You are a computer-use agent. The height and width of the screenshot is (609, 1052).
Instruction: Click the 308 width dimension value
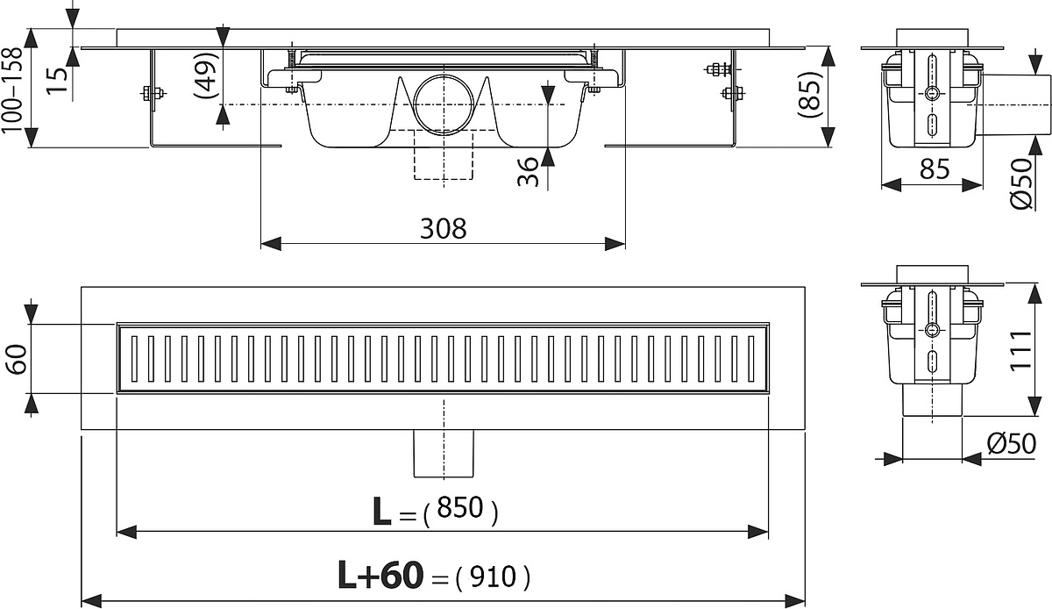pyautogui.click(x=443, y=229)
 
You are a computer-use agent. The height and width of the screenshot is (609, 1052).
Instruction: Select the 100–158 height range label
pyautogui.click(x=11, y=90)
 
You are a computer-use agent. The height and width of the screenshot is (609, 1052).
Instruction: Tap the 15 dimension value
pyautogui.click(x=58, y=81)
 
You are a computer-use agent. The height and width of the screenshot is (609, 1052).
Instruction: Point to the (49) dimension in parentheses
pyautogui.click(x=207, y=75)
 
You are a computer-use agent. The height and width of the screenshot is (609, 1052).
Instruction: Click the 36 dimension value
pyautogui.click(x=529, y=172)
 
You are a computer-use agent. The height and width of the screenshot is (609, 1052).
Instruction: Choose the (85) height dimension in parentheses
pyautogui.click(x=810, y=94)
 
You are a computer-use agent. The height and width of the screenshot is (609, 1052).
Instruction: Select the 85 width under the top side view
pyautogui.click(x=935, y=168)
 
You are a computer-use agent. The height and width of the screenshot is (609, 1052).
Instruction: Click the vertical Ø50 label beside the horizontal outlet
pyautogui.click(x=1021, y=184)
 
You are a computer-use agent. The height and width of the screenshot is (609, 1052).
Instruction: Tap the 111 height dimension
pyautogui.click(x=1020, y=351)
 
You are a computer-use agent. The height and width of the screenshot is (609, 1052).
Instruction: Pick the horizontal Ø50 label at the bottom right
pyautogui.click(x=1011, y=443)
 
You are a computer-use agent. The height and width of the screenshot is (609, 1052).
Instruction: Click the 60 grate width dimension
pyautogui.click(x=17, y=359)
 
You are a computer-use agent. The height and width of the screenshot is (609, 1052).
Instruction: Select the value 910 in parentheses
pyautogui.click(x=493, y=577)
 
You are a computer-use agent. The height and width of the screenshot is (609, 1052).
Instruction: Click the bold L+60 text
pyautogui.click(x=380, y=576)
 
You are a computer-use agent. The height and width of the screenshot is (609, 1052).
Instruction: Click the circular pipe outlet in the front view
pyautogui.click(x=444, y=104)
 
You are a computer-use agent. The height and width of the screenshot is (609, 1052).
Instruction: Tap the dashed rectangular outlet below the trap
pyautogui.click(x=444, y=154)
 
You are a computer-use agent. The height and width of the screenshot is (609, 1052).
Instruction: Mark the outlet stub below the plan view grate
pyautogui.click(x=444, y=454)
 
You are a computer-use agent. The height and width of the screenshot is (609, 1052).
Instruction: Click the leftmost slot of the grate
pyautogui.click(x=135, y=358)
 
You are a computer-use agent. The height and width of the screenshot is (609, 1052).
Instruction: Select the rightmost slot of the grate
pyautogui.click(x=751, y=358)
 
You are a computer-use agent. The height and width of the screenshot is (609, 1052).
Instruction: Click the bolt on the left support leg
pyautogui.click(x=153, y=94)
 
